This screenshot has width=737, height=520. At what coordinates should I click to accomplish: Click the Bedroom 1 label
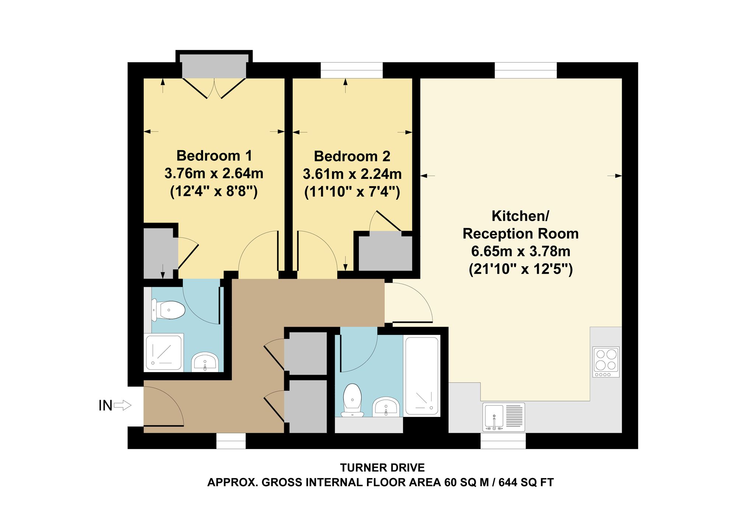coord(214,156)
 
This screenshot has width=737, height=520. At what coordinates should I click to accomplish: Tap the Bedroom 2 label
coord(352,156)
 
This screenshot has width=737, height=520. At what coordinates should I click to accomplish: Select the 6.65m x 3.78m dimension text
coord(521,251)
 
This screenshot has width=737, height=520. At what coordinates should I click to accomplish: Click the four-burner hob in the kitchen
coord(606,362)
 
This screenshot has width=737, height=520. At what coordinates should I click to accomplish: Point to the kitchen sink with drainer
coord(504,417)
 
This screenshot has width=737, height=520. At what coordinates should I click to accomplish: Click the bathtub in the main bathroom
coord(422,376)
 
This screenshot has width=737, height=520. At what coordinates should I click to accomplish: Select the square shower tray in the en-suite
coord(164,352)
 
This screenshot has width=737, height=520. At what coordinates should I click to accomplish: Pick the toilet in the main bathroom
coord(352,400)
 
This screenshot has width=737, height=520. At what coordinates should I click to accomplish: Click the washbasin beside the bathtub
coord(386,407)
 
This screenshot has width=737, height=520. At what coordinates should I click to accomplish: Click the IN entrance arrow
coord(122,406)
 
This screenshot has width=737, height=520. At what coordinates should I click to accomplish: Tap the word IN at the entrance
coord(105,406)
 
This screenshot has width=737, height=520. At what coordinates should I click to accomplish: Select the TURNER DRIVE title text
coord(382,468)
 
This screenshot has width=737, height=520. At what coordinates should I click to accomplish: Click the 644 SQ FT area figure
coord(526,482)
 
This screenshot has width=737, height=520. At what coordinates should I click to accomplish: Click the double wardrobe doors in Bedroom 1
coord(214,88)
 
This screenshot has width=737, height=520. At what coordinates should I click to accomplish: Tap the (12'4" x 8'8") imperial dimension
coord(214,191)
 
